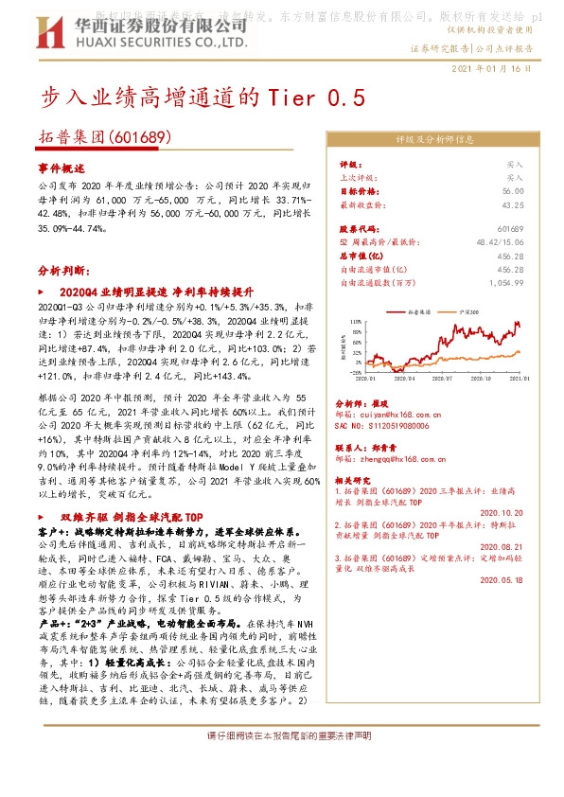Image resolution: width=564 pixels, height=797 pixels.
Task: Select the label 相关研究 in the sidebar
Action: click(x=355, y=481)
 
